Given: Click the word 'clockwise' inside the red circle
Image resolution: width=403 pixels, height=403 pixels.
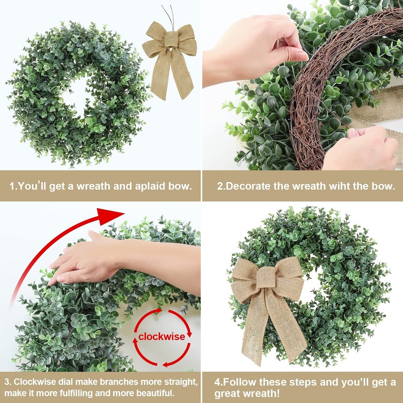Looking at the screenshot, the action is pos(162,337).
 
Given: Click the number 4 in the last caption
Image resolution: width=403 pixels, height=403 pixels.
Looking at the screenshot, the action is pos(217,382).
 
